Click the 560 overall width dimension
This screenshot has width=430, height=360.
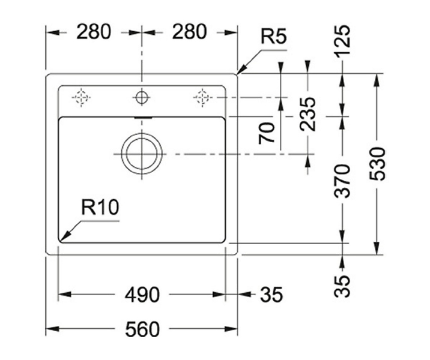142,329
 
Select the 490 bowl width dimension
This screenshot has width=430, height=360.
142,295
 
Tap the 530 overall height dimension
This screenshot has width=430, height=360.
377,164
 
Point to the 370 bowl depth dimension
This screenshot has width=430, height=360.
342,181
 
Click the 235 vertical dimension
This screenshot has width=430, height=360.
307,114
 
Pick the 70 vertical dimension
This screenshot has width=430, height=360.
267,133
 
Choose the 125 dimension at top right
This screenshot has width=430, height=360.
342,40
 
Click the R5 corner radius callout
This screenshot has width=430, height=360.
273,37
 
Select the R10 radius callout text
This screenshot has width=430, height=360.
100,207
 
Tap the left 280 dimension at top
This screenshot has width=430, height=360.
94,32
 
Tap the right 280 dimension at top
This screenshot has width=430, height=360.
189,32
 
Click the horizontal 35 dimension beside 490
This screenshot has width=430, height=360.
271,295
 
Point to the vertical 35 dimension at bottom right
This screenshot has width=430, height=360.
342,286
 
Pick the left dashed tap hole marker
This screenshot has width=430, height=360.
81,97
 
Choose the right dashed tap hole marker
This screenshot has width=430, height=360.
202,97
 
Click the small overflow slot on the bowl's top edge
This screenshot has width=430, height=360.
143,118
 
